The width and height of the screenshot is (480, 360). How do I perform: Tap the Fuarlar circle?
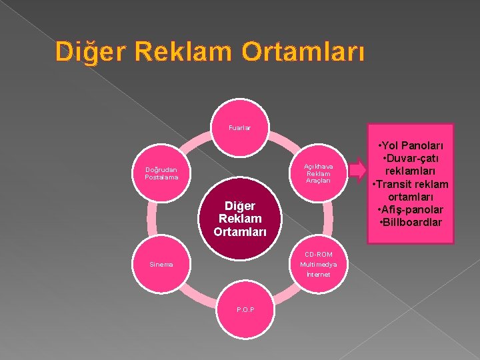(240, 128)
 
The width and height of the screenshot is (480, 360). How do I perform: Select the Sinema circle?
(161, 264)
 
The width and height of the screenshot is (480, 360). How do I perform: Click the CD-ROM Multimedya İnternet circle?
(319, 264)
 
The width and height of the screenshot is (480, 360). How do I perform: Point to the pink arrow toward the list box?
(359, 173)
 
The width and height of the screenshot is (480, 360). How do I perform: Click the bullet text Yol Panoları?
(411, 145)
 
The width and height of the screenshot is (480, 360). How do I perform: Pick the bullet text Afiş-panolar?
(411, 209)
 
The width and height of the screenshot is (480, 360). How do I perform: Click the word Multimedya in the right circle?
(319, 264)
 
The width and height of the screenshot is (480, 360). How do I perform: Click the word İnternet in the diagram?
(319, 274)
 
